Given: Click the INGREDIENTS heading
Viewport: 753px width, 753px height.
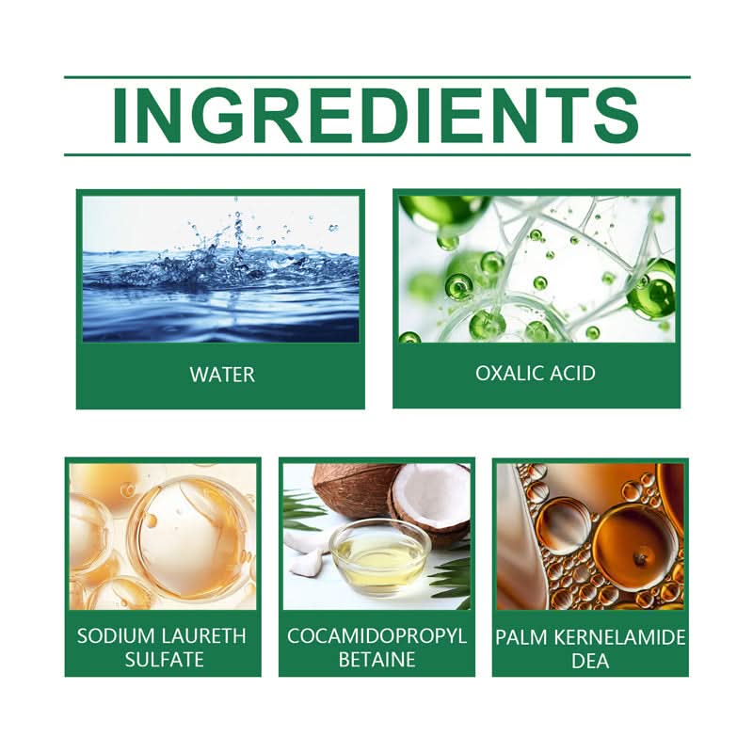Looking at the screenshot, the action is (376, 116).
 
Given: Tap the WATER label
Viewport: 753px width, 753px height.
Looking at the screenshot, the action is (222, 375).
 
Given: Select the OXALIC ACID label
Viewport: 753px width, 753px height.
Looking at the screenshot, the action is (536, 373).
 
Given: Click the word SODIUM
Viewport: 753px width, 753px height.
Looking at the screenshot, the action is (116, 636).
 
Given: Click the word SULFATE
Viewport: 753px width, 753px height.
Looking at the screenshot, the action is (164, 660).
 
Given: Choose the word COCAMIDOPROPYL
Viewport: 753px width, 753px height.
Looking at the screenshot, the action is (377, 636).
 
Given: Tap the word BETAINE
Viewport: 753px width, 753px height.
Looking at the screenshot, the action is (377, 660).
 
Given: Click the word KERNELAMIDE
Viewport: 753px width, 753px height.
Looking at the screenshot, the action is (620, 637).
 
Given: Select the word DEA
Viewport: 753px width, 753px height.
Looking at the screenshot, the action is (590, 661).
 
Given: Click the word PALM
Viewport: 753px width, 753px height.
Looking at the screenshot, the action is (522, 637).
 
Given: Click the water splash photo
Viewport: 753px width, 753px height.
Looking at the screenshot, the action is (221, 269).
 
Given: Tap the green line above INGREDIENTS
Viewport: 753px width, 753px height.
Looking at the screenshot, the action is (377, 77).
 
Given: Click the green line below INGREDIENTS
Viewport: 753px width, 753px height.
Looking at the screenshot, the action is (377, 154).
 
